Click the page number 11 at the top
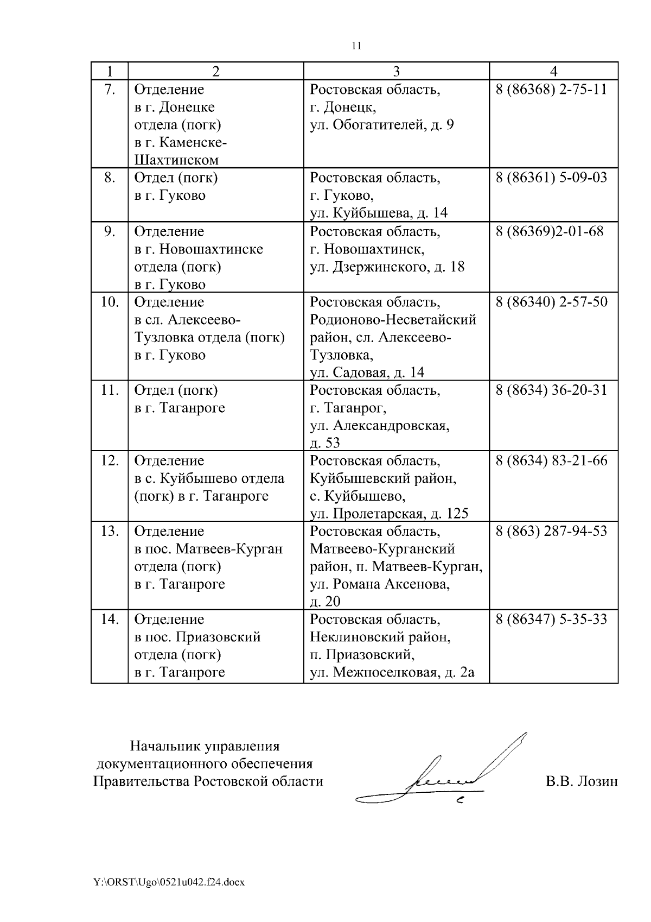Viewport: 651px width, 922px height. pyautogui.click(x=356, y=46)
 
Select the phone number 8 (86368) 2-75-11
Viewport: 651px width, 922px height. pyautogui.click(x=551, y=90)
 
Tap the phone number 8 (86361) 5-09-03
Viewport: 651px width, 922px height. pyautogui.click(x=551, y=178)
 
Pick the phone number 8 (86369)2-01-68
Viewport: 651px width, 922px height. pyautogui.click(x=549, y=232)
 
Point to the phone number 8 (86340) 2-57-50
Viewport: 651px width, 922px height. pyautogui.click(x=552, y=302)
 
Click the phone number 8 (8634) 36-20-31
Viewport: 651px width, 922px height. pyautogui.click(x=551, y=390)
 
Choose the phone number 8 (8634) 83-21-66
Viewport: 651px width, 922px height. pyautogui.click(x=551, y=461)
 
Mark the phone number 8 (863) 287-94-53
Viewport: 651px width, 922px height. pyautogui.click(x=551, y=531)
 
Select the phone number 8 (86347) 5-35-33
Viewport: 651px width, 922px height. pyautogui.click(x=551, y=620)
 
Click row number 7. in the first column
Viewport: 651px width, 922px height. pyautogui.click(x=110, y=90)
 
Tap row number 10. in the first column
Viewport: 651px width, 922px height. pyautogui.click(x=110, y=302)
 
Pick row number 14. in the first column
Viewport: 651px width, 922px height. pyautogui.click(x=110, y=620)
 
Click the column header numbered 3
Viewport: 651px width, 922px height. pyautogui.click(x=396, y=71)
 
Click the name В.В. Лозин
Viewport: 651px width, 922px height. pyautogui.click(x=582, y=781)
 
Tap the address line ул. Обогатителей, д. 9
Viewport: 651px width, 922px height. pyautogui.click(x=382, y=125)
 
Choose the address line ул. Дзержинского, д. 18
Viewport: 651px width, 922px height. pyautogui.click(x=387, y=267)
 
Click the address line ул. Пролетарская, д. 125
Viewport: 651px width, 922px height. pyautogui.click(x=388, y=514)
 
